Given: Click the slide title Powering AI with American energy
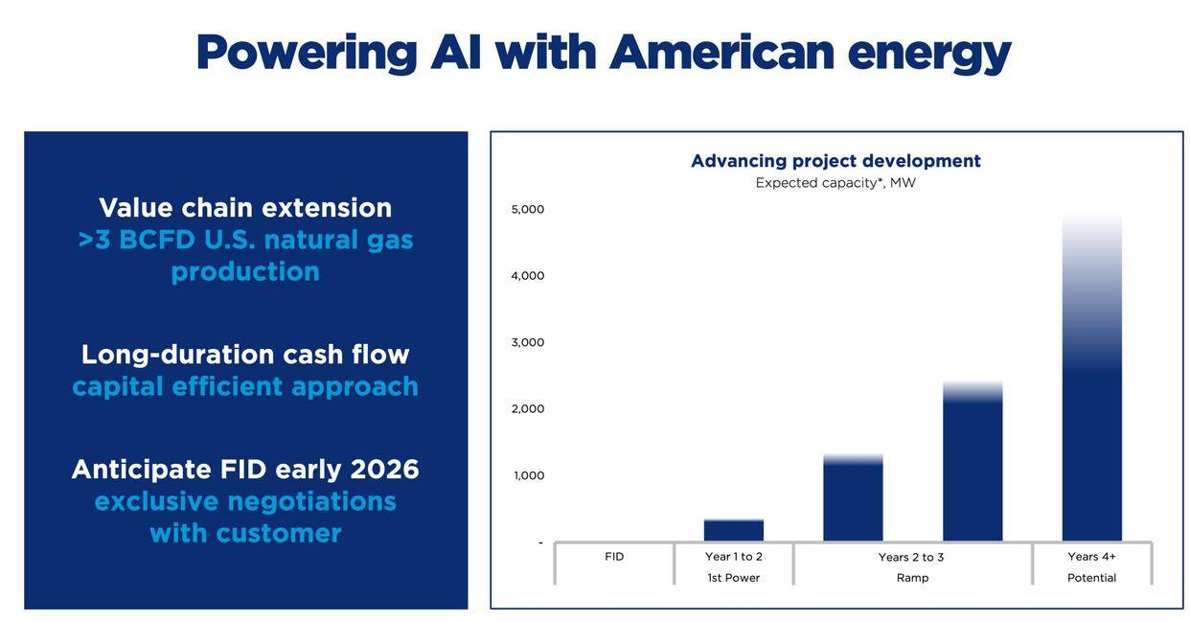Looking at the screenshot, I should (604, 52).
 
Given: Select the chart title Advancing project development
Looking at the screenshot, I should (835, 161).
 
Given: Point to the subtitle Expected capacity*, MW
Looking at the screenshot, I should (835, 183).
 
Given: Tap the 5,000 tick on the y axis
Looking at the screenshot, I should (527, 210).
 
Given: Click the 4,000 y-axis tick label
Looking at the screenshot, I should (527, 276).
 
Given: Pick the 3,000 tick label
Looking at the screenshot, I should (527, 343).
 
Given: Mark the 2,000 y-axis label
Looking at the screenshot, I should (527, 409).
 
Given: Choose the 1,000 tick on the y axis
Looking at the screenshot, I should (529, 475).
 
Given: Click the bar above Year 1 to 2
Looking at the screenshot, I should (734, 531).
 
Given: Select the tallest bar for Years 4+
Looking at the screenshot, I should (1092, 431).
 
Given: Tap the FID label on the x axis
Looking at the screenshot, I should (614, 557).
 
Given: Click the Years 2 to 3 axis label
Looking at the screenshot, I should (911, 558).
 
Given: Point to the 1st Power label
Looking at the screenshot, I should (734, 578).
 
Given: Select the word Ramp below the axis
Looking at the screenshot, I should (912, 578).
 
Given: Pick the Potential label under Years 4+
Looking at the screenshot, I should (1092, 578).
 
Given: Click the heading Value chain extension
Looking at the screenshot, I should (245, 208).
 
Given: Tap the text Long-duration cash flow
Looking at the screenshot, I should (245, 355).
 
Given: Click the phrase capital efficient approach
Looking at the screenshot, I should (245, 386).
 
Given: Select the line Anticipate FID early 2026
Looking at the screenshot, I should (245, 470).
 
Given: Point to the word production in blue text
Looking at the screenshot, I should (245, 272).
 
